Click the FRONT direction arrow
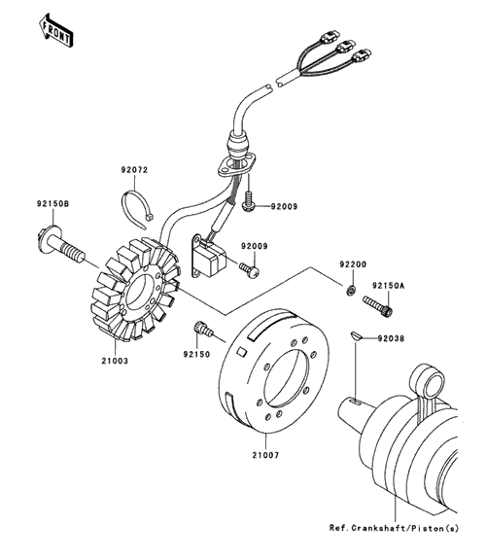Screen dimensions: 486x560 [55, 30]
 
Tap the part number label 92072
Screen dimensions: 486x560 [134, 170]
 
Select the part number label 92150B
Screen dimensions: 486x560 [52, 204]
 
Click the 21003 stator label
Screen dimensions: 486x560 [115, 361]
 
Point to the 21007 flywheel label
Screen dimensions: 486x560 [265, 455]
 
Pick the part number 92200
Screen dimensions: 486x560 [353, 264]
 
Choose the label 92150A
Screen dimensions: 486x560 [389, 286]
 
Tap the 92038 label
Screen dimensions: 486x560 [391, 338]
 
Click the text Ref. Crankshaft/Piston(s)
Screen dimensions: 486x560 [394, 528]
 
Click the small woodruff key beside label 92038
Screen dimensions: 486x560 [355, 335]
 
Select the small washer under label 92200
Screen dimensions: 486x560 [350, 290]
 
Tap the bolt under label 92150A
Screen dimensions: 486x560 [378, 306]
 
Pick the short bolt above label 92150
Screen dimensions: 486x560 [203, 329]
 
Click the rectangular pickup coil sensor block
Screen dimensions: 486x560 [207, 256]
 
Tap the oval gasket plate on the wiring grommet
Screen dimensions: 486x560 [237, 165]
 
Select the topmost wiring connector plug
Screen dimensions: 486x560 [329, 36]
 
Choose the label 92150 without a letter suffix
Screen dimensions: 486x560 [196, 355]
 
